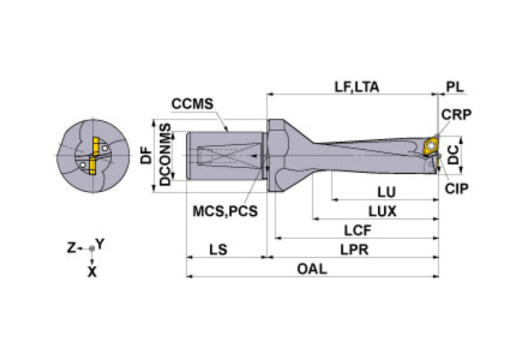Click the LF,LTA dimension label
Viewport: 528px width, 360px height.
pyautogui.click(x=357, y=87)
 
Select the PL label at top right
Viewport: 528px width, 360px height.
pyautogui.click(x=454, y=87)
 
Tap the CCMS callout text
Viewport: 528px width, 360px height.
pyautogui.click(x=193, y=105)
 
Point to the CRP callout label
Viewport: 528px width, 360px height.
pyautogui.click(x=456, y=115)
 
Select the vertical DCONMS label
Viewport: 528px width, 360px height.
pyautogui.click(x=165, y=155)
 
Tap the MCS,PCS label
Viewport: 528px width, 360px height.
pyautogui.click(x=224, y=211)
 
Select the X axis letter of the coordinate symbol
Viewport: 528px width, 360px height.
pyautogui.click(x=92, y=272)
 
